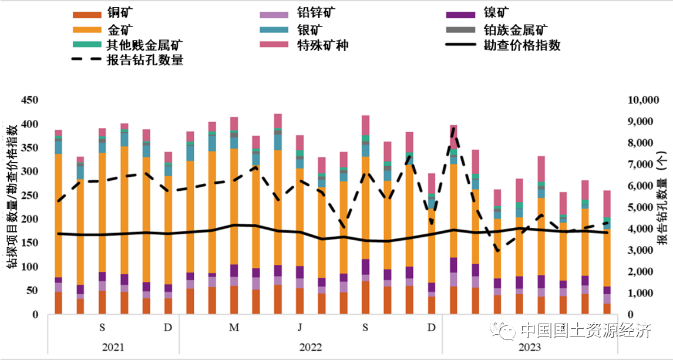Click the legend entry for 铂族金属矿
[x=511, y=29]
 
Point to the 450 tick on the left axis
[x=29, y=100]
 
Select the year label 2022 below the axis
[x=311, y=347]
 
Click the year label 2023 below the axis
[x=529, y=347]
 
